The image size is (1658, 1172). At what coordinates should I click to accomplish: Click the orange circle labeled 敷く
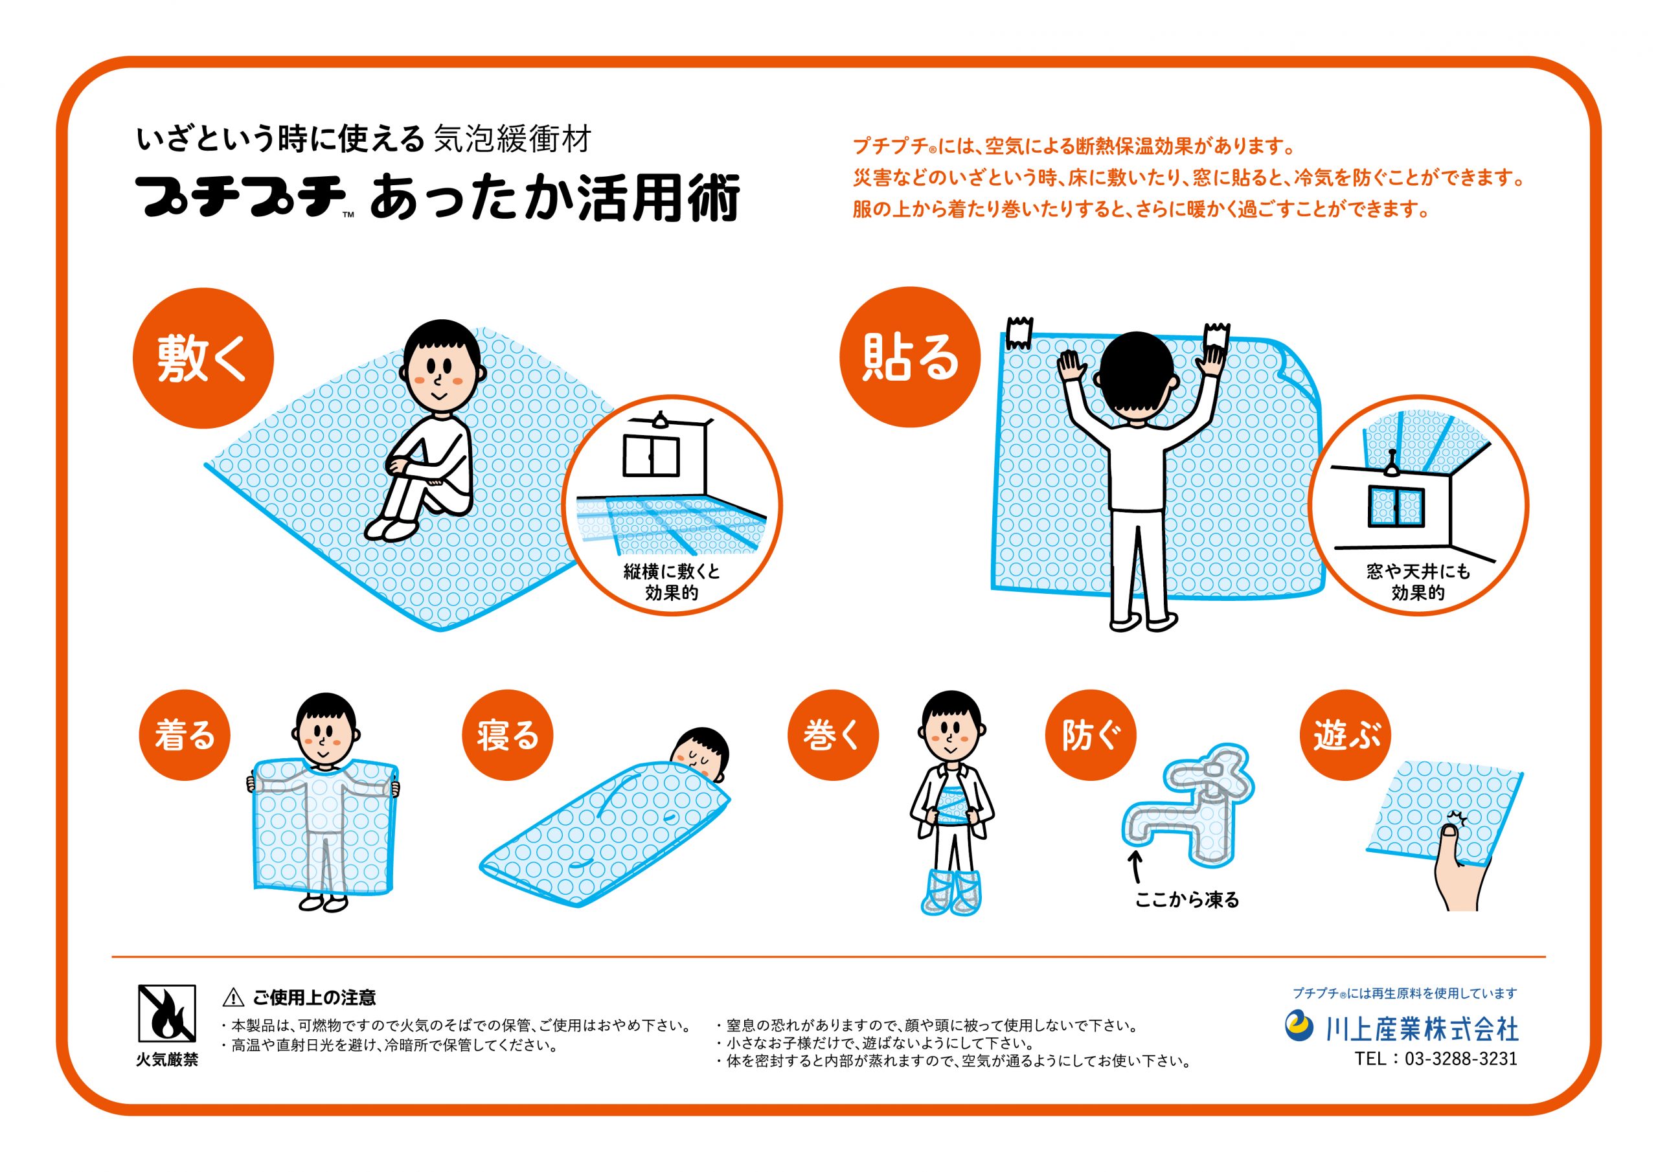203,358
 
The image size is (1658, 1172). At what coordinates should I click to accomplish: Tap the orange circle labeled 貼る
910,357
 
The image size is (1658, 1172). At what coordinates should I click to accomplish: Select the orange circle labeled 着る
184,735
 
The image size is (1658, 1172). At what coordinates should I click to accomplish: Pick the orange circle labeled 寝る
508,735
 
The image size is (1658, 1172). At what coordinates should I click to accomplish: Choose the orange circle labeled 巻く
833,735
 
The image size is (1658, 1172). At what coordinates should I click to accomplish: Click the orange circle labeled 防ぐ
1091,735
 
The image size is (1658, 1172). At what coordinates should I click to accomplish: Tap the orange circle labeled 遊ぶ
1345,735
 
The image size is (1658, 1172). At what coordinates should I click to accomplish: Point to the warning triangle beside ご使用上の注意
233,998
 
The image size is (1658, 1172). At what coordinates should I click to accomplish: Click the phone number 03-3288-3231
1461,1059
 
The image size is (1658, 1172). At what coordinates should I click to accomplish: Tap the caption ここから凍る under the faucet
1187,900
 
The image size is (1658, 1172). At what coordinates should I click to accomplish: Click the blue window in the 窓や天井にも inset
1396,507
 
